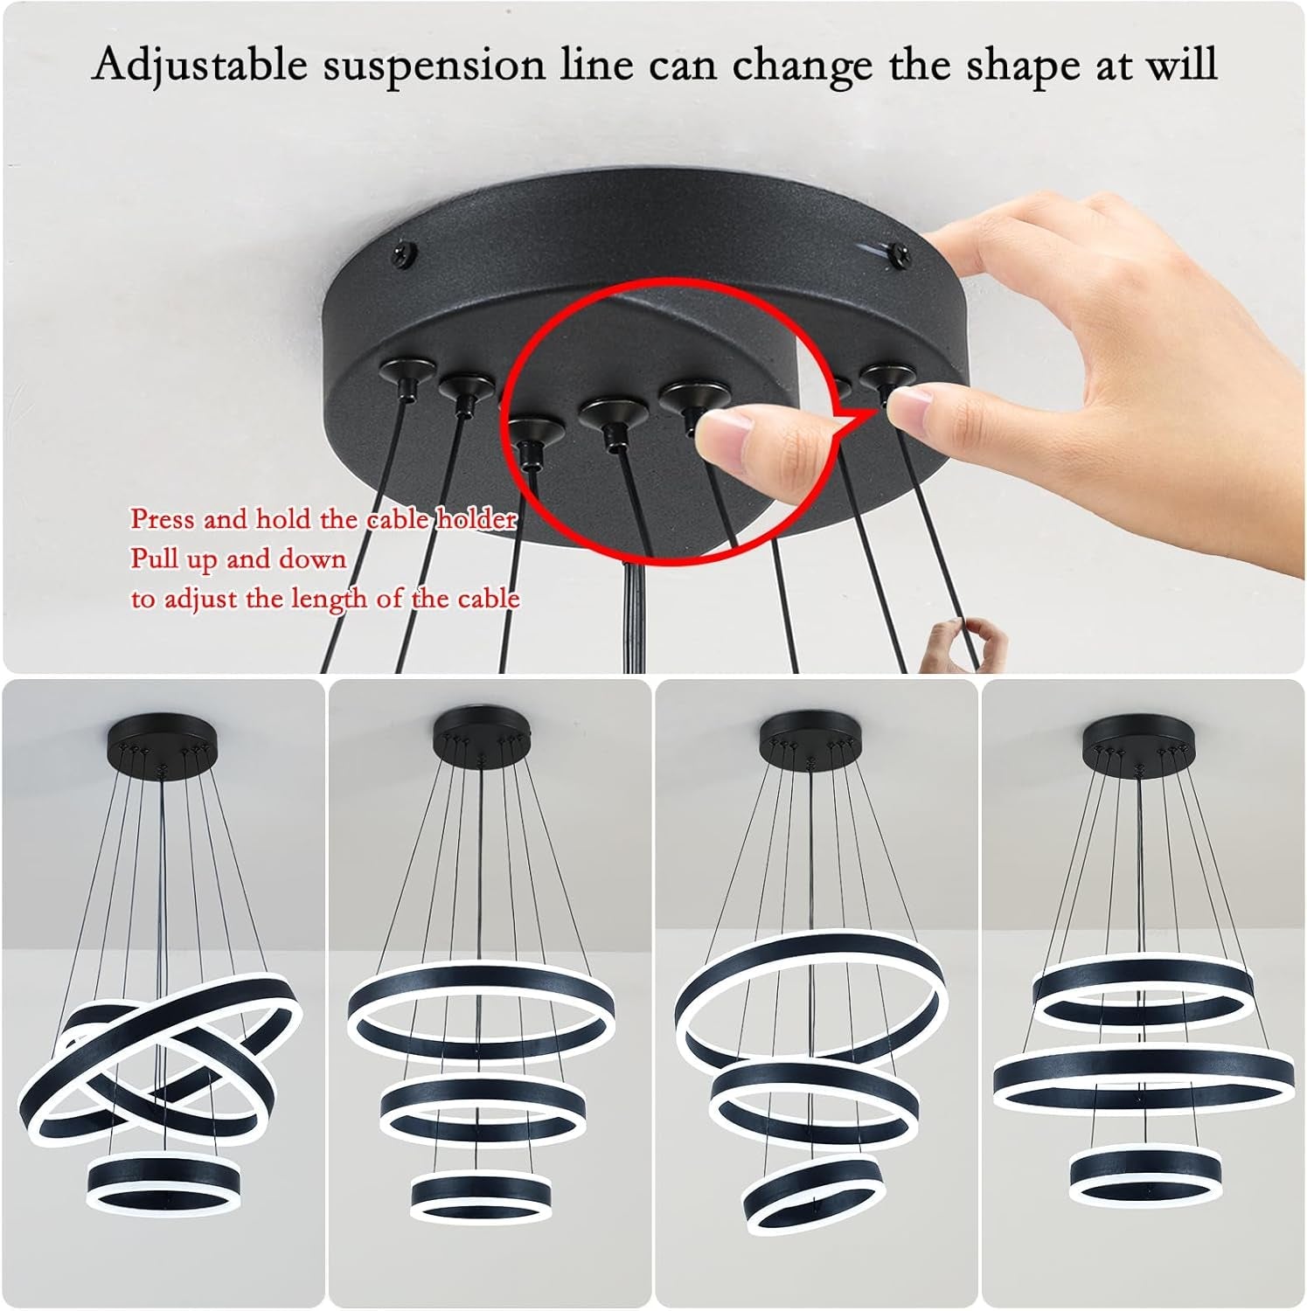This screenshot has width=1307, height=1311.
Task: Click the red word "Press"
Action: [163, 519]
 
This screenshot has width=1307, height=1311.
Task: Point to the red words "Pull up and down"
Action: [239, 558]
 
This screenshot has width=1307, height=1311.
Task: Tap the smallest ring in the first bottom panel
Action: [163, 1184]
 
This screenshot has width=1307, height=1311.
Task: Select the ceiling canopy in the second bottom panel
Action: [482, 734]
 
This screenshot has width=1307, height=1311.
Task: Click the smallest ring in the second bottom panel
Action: [482, 1194]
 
